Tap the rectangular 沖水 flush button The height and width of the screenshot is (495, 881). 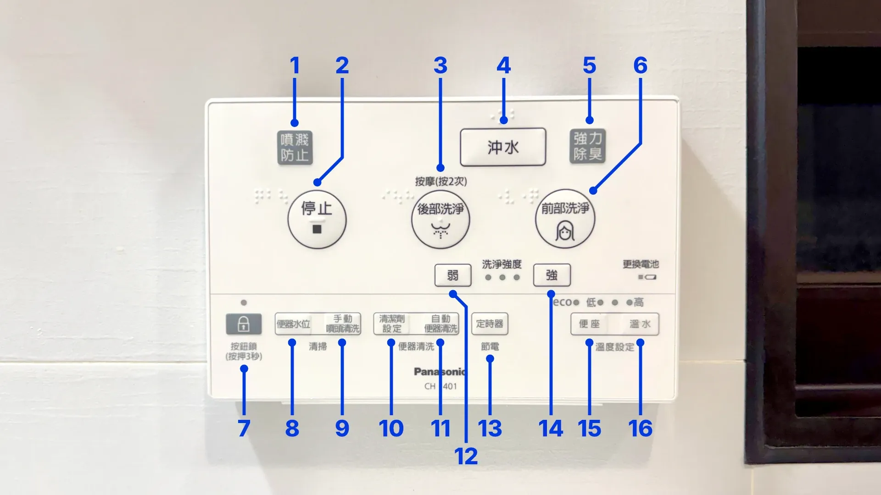pos(503,147)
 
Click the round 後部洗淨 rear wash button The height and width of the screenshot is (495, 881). pos(440,220)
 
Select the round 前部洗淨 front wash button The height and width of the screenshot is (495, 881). pos(565,220)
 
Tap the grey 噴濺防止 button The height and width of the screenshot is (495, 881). pos(295,148)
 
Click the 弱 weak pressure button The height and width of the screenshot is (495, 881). pos(452,275)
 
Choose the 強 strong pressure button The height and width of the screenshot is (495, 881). pos(552,275)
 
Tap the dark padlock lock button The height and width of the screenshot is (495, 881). pos(244,324)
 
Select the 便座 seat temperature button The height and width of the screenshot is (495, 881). pos(590,324)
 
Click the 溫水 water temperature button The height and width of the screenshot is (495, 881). pos(640,324)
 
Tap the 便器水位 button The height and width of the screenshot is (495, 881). pos(294,324)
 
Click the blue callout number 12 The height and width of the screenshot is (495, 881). pos(466,456)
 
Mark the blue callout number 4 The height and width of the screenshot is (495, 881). pos(503,66)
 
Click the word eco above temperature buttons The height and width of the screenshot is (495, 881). pos(563,302)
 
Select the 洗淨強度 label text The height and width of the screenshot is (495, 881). pos(502,264)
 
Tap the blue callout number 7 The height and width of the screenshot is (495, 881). pos(244,429)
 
